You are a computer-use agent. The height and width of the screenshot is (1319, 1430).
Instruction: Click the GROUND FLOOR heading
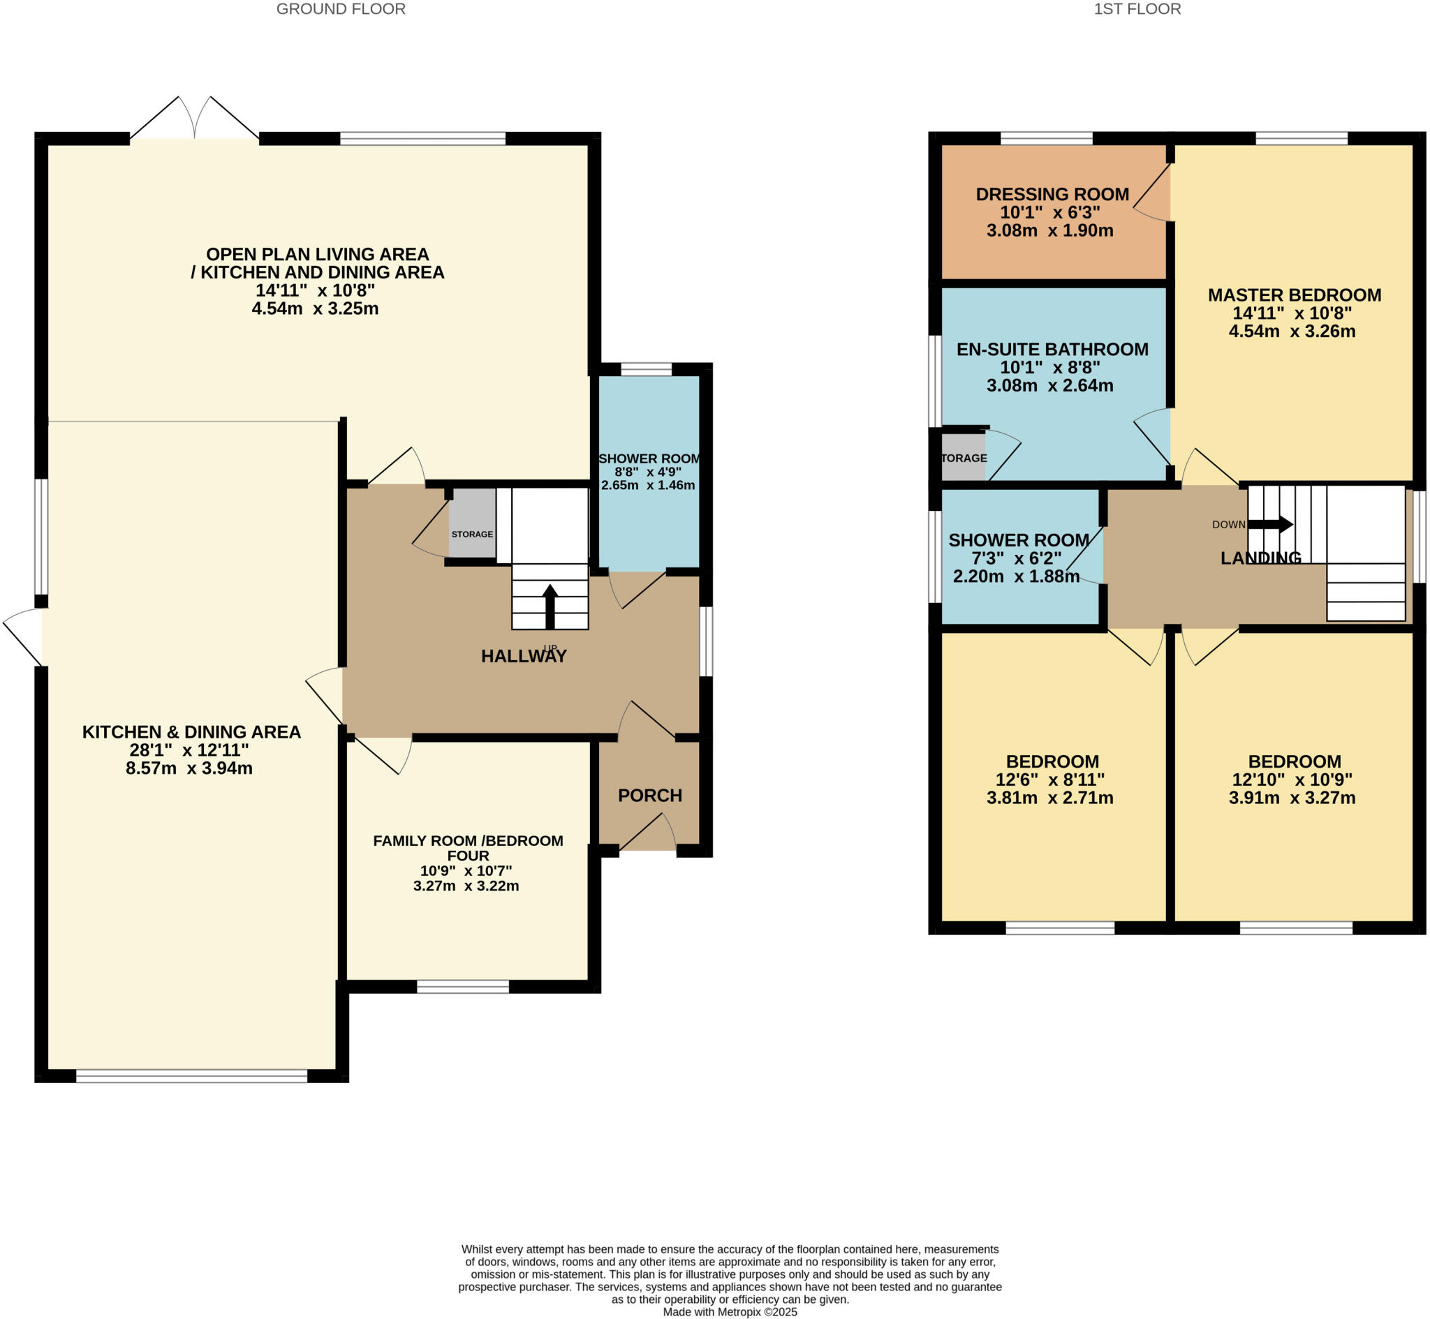tap(341, 9)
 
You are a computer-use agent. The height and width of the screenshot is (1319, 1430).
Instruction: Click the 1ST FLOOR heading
tap(1137, 9)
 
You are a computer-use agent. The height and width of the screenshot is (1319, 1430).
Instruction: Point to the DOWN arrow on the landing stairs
tap(1270, 524)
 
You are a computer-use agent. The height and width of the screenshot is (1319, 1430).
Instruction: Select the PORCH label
tap(649, 795)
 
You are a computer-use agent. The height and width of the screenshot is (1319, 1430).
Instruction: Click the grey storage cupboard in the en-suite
tap(963, 458)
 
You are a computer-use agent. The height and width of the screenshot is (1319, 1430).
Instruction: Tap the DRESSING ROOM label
tap(1052, 194)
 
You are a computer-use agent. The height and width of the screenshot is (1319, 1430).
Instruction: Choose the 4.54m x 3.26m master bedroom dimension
tap(1292, 331)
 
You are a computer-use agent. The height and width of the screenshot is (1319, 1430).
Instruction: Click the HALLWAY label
tap(523, 656)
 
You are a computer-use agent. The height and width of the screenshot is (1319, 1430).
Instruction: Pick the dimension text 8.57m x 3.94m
tap(189, 768)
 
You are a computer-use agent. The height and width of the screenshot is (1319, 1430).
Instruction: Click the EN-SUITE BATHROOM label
tap(1052, 349)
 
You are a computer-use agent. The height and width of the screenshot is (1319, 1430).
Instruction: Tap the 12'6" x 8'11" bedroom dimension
tap(1049, 780)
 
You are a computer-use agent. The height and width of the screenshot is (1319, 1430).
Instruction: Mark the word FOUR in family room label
tap(468, 855)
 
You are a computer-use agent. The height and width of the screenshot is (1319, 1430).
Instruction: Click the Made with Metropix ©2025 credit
tap(730, 1312)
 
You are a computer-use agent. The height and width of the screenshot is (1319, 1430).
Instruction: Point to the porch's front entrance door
tap(647, 835)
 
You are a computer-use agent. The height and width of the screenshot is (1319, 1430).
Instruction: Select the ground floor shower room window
tap(646, 369)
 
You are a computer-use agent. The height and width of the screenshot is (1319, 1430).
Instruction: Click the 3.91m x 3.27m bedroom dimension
tap(1292, 798)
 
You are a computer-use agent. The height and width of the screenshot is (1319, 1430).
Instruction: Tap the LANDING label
tap(1261, 558)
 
